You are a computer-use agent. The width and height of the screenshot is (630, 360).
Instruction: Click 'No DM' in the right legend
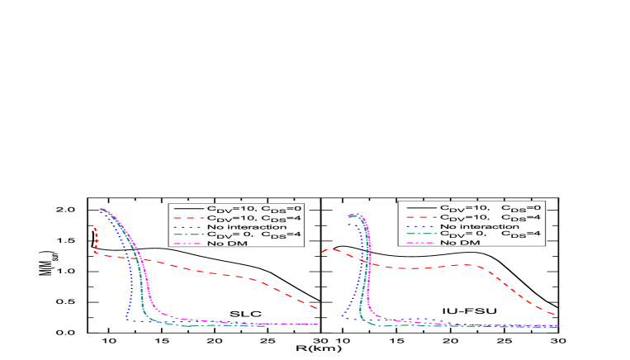click(x=458, y=242)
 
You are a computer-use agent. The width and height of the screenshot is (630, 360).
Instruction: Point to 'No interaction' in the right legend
click(x=479, y=225)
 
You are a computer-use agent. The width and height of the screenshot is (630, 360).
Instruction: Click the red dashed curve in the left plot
click(x=223, y=273)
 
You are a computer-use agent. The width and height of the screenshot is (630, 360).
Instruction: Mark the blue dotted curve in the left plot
click(x=126, y=297)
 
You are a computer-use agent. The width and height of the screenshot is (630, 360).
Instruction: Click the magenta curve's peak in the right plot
click(x=357, y=215)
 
